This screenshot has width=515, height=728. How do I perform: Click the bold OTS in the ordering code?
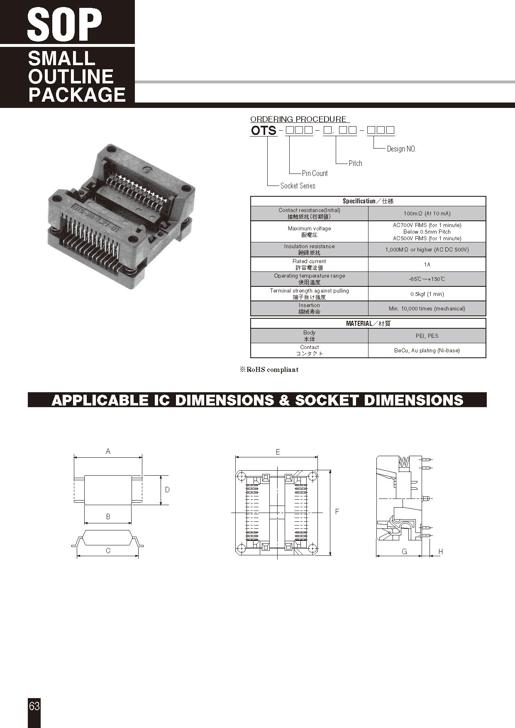click(264, 130)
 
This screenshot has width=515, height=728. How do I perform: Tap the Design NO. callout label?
click(401, 149)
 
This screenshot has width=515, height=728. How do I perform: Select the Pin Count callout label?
click(315, 173)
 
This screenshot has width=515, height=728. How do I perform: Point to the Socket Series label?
click(298, 186)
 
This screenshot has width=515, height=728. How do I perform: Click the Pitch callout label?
click(355, 164)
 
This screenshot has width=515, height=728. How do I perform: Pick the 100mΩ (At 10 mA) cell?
click(427, 213)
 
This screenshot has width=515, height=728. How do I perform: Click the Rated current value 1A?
click(427, 264)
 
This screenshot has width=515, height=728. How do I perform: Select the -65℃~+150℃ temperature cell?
click(427, 279)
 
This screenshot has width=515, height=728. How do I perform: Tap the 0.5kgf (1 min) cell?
click(427, 294)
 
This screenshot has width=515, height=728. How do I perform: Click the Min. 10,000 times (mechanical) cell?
click(427, 308)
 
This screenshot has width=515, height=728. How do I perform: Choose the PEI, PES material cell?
click(427, 336)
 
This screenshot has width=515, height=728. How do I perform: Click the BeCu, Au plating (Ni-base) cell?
click(427, 350)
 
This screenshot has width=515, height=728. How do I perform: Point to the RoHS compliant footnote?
click(269, 369)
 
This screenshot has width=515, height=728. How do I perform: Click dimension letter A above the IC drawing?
click(108, 451)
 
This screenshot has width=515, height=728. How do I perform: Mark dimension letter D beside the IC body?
click(167, 490)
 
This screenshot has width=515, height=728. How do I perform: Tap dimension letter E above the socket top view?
click(278, 452)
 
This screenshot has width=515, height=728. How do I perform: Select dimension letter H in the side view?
click(441, 551)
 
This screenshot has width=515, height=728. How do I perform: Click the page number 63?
click(34, 706)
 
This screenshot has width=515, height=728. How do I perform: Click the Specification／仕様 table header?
click(368, 201)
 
